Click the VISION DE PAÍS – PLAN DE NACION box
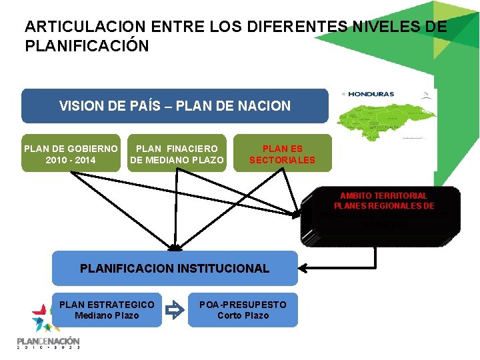click(x=175, y=106)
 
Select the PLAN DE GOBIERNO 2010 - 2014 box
click(x=71, y=154)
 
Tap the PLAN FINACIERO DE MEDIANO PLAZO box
click(x=177, y=154)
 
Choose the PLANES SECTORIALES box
click(x=282, y=154)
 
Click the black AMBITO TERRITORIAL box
click(x=381, y=217)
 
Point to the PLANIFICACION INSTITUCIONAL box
click(x=175, y=269)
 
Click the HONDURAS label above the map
click(x=371, y=94)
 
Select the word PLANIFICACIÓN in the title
click(x=87, y=47)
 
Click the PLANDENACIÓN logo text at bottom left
click(x=48, y=341)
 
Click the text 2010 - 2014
click(x=71, y=160)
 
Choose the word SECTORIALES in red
click(x=282, y=160)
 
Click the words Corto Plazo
click(x=243, y=315)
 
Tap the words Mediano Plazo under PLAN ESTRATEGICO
click(x=107, y=315)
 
